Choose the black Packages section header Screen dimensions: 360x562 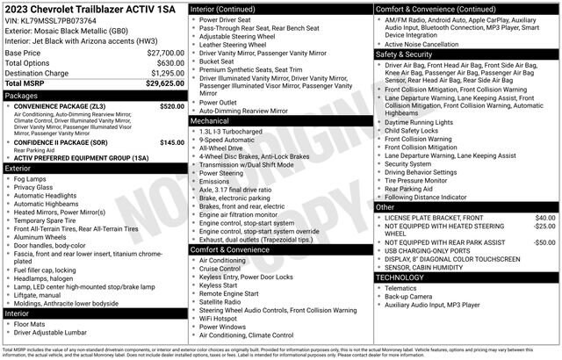pyautogui.click(x=94, y=95)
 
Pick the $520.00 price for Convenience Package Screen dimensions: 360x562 pyautogui.click(x=172, y=105)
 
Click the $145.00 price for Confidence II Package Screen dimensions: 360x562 pyautogui.click(x=172, y=141)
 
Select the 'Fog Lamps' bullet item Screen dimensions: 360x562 pyautogui.click(x=32, y=178)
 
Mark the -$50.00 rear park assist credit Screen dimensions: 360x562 pyautogui.click(x=544, y=242)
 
